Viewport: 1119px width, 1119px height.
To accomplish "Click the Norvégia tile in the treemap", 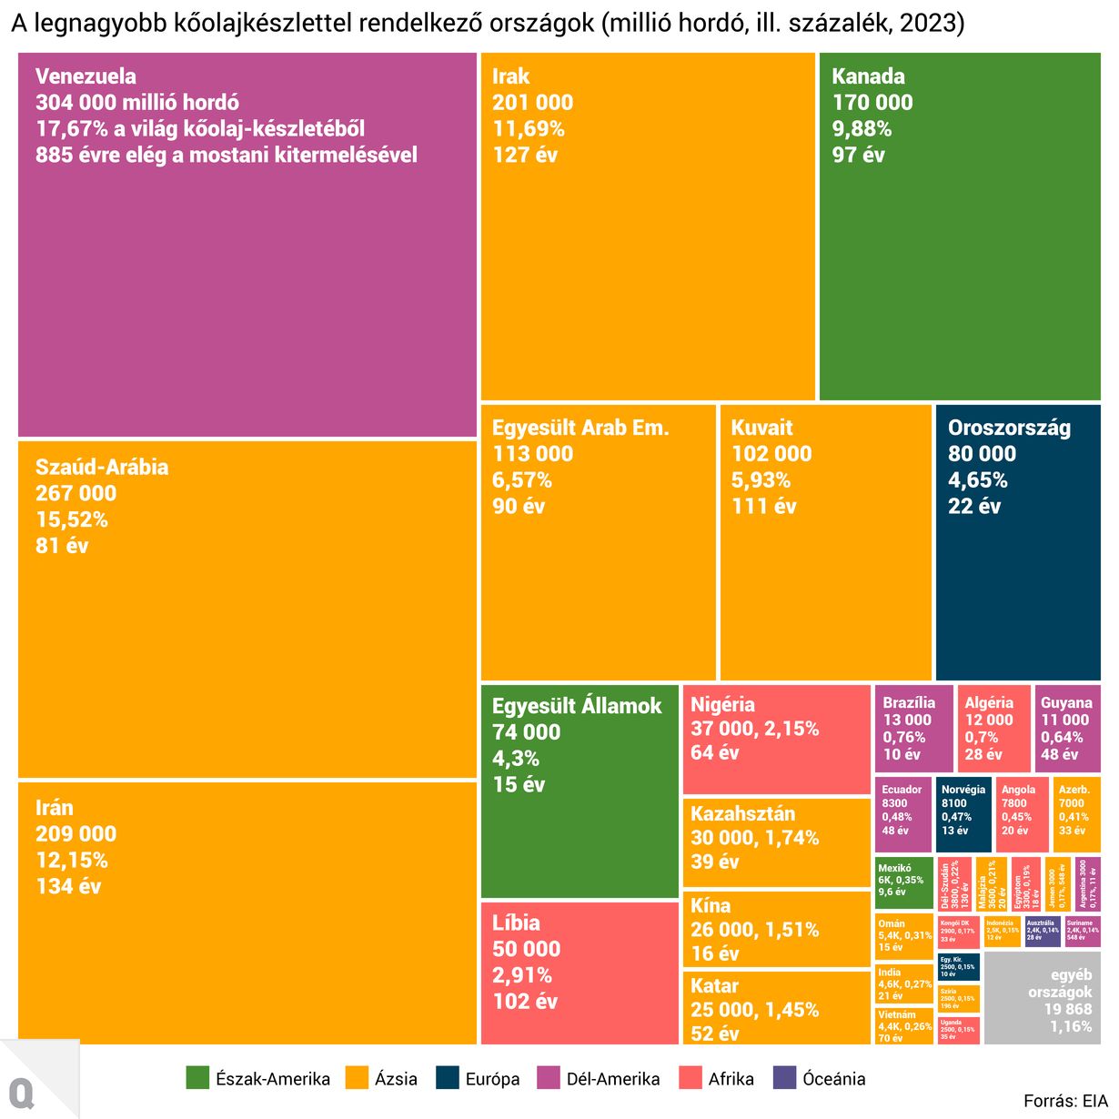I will coord(963,813).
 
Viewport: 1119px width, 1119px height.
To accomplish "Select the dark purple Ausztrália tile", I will coord(1043,932).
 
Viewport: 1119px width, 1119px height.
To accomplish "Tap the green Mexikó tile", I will coord(904,882).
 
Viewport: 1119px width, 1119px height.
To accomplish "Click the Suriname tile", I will coord(1083,932).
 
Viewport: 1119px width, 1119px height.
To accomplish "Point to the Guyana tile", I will coord(1067,729).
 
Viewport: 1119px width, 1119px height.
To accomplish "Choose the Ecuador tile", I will coord(904,813).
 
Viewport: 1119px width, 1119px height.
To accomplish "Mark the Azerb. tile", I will coord(1076,813).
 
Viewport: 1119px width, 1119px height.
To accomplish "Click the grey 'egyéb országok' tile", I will coord(1043,998).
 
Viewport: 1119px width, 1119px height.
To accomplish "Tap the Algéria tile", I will coord(993,729).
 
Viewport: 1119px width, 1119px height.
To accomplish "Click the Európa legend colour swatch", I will coord(448,1078).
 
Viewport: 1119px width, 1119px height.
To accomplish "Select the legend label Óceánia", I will coord(833,1079).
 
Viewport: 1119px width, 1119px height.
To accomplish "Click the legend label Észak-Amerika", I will coord(272,1079).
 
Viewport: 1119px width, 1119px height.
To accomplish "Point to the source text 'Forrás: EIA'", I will coord(1065,1102).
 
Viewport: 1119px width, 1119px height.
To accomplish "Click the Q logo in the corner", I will coord(21,1092).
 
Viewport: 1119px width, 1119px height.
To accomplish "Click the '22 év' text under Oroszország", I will coord(973,507).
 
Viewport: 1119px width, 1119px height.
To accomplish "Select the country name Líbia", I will coord(516,922).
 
